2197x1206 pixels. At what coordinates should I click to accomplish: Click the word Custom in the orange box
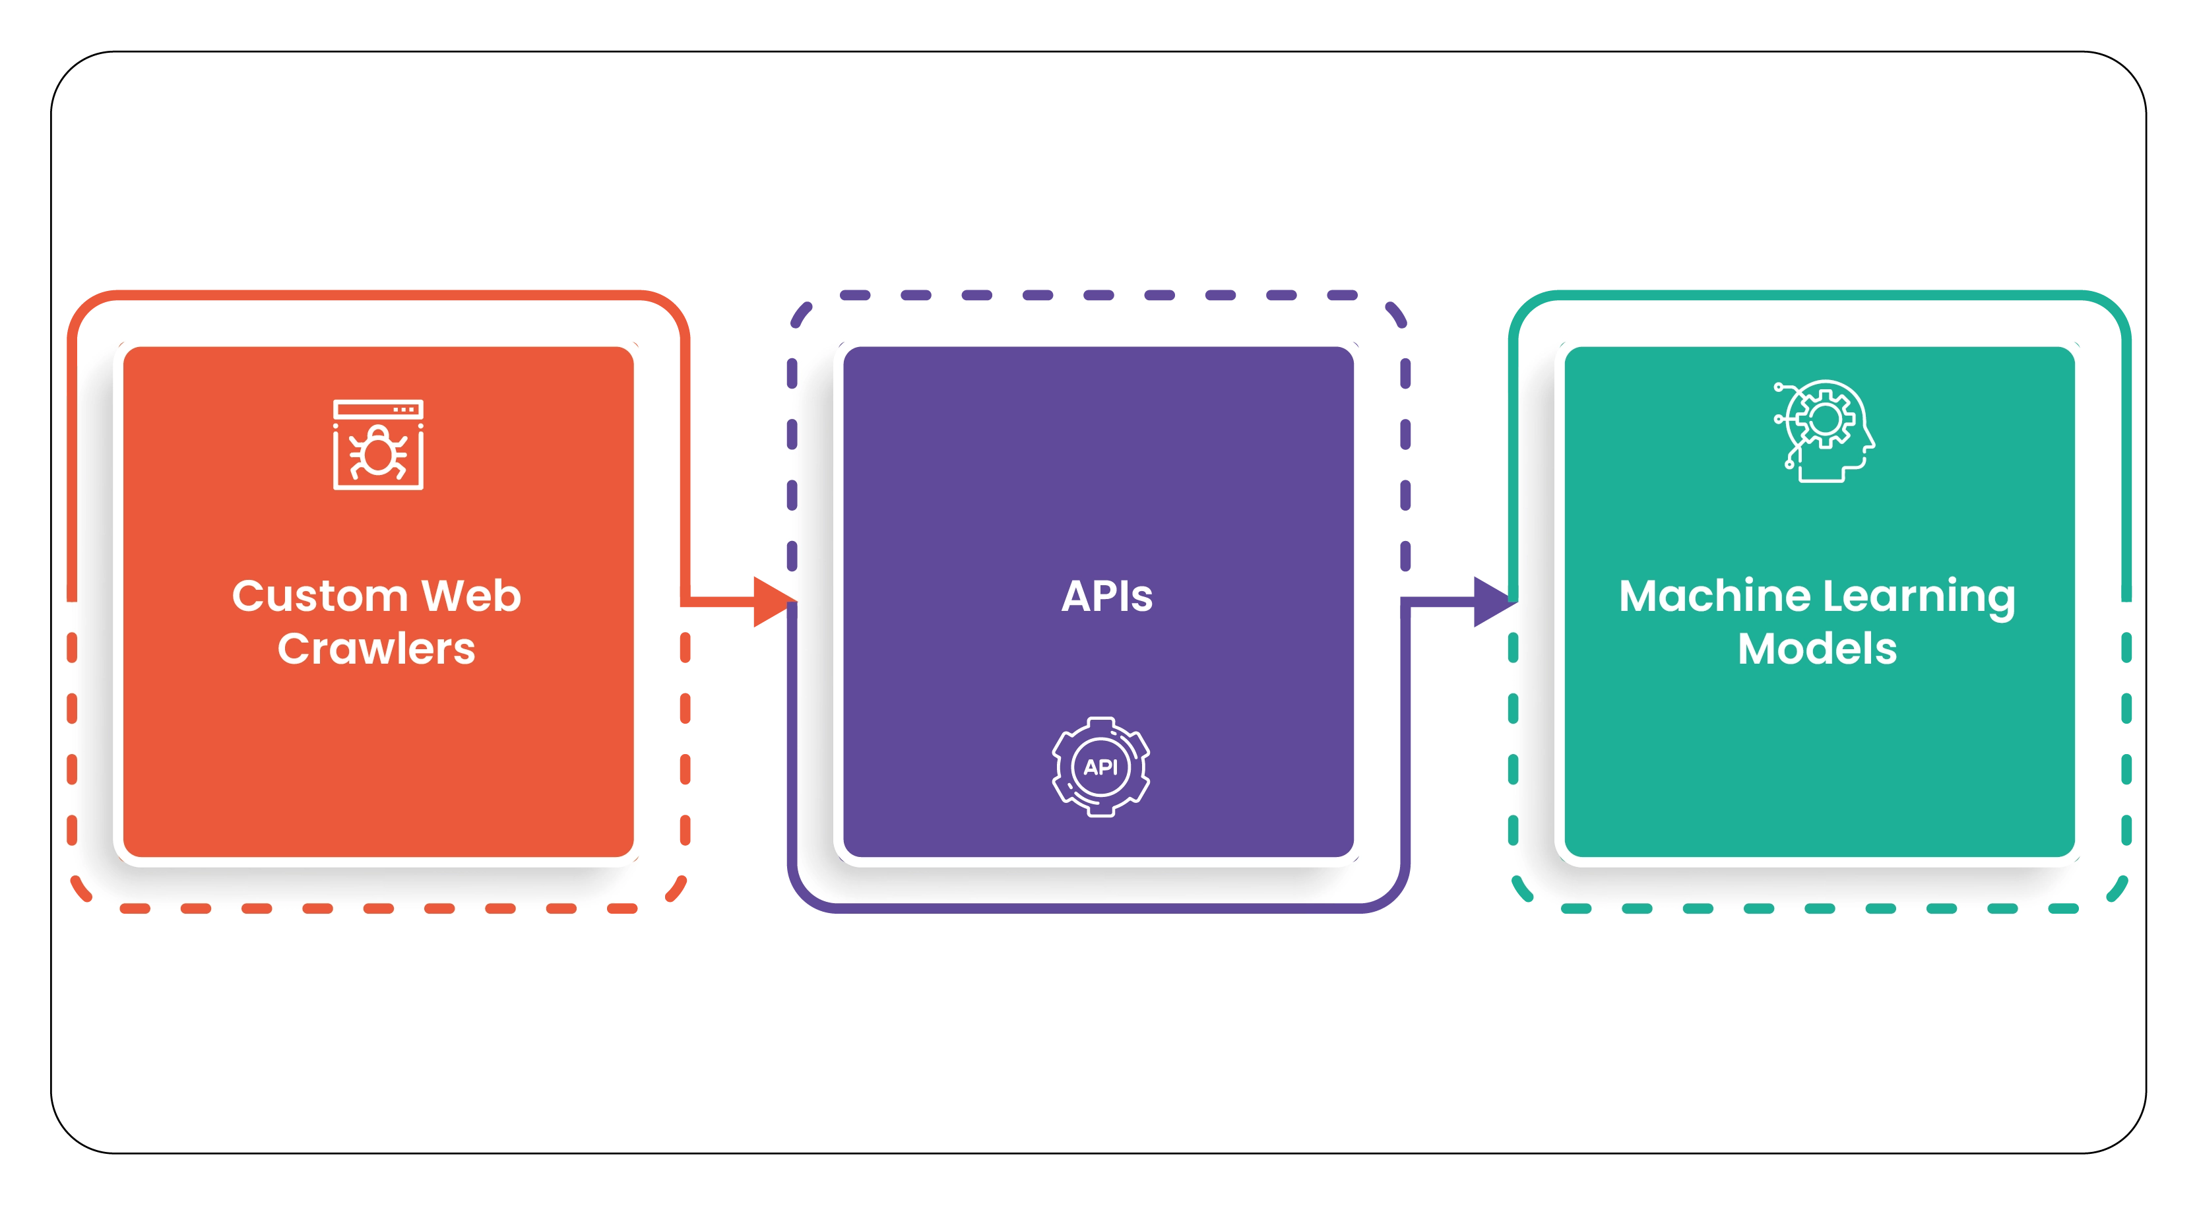point(319,596)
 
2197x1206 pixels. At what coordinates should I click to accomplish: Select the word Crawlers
point(376,649)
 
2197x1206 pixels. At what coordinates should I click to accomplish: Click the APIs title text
point(1106,596)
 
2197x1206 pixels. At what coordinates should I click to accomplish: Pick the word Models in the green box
point(1818,649)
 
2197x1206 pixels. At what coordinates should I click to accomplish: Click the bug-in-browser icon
point(378,445)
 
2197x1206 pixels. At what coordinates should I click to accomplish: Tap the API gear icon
point(1100,767)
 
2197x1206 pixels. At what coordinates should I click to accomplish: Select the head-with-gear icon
point(1824,431)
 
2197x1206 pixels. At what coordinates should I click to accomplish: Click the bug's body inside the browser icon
point(378,454)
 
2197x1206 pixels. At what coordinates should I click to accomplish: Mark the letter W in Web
point(443,596)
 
